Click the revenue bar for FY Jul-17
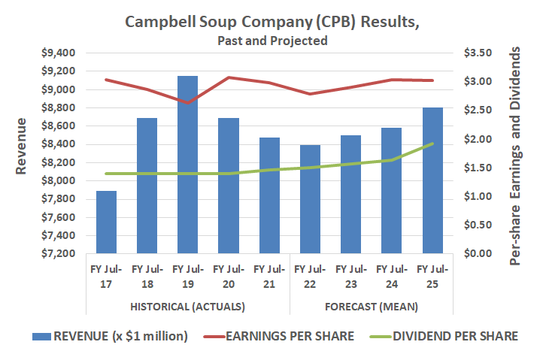click(x=106, y=222)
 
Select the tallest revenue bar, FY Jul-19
click(x=188, y=165)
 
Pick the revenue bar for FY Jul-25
click(x=432, y=180)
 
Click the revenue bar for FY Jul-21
click(x=269, y=195)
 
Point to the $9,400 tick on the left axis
click(x=58, y=53)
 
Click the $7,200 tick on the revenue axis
click(x=58, y=253)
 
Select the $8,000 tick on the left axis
click(x=58, y=180)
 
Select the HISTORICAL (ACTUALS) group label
click(x=188, y=307)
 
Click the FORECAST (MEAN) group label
click(x=372, y=307)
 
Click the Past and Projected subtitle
click(x=271, y=41)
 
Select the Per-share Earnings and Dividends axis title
click(x=516, y=154)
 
